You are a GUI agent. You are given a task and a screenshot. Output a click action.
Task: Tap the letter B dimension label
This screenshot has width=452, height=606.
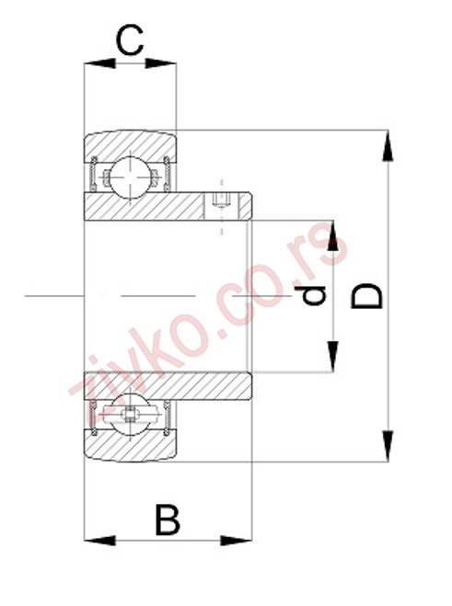(166, 520)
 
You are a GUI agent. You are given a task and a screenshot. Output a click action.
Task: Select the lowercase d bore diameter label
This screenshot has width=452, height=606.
(316, 295)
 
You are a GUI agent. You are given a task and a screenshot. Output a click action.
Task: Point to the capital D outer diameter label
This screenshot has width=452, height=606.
(368, 296)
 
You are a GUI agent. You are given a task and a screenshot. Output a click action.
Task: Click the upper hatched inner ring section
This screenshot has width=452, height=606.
(156, 206)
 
